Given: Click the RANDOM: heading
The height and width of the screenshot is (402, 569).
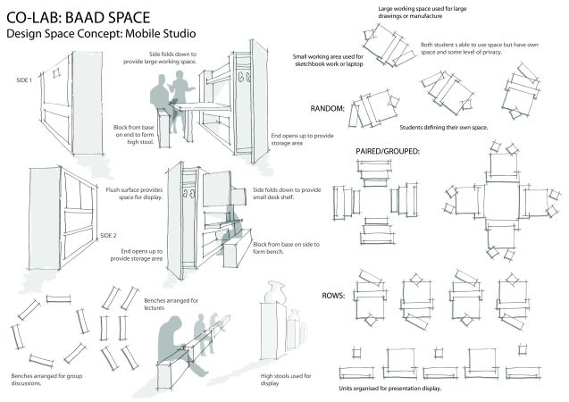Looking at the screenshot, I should coord(328,109).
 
